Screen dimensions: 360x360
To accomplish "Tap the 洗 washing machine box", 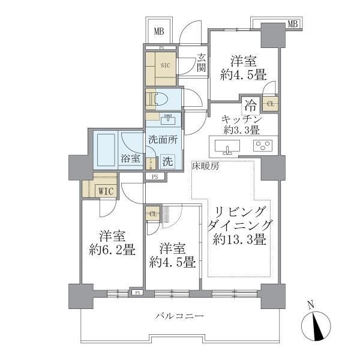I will (168, 161).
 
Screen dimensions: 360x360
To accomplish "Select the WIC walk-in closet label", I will (106, 191).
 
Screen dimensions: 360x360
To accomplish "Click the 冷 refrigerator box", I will (250, 104).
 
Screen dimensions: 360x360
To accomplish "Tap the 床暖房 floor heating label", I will (206, 166).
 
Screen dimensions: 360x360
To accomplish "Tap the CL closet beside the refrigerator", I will (271, 104).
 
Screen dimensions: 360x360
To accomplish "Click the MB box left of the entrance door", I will (159, 31).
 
